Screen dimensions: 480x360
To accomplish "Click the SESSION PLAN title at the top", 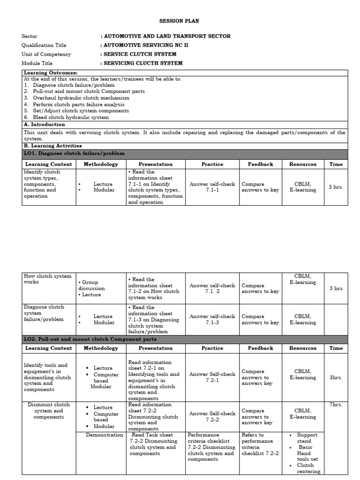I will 180,21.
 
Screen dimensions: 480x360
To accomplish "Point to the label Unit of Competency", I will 46,54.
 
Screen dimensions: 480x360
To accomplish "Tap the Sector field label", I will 30,36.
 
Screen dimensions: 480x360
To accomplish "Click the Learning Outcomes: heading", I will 51,73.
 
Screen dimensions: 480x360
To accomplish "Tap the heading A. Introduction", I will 45,125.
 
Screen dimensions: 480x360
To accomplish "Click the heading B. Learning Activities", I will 52,146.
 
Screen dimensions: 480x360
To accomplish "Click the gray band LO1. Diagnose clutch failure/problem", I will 75,153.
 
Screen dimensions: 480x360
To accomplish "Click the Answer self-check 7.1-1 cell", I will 212,187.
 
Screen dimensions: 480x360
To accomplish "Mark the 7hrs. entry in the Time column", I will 336,405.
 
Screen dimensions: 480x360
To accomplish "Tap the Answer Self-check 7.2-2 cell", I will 212,416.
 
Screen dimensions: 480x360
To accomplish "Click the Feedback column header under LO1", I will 260,165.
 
